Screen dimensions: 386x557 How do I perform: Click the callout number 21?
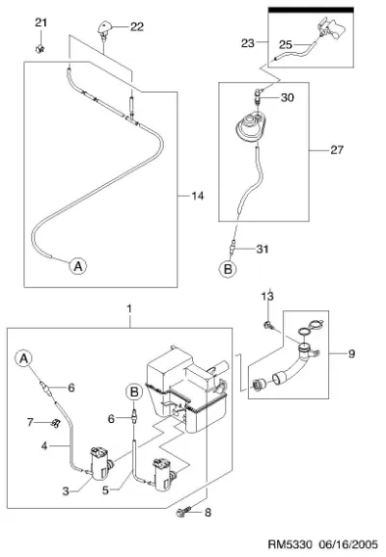(41, 23)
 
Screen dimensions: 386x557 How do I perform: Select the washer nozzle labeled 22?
(104, 31)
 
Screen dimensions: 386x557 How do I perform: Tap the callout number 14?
(198, 196)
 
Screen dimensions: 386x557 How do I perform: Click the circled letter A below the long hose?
(78, 266)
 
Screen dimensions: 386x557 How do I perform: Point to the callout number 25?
(286, 44)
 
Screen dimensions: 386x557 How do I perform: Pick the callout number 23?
(248, 43)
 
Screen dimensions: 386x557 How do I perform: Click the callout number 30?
(288, 97)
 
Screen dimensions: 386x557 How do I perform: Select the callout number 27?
(337, 150)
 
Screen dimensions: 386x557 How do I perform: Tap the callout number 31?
(262, 249)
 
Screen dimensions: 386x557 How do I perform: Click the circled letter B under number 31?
(228, 269)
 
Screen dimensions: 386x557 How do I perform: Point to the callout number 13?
(267, 296)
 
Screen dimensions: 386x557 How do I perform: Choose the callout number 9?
(351, 354)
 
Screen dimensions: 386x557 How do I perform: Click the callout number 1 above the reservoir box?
(129, 308)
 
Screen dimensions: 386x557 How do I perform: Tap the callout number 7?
(30, 422)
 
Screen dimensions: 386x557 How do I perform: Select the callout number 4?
(44, 445)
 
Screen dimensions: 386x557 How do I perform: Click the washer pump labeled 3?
(100, 464)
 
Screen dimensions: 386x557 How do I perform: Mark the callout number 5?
(105, 491)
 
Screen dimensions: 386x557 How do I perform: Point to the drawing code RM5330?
(289, 544)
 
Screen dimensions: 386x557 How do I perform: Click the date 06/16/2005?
(348, 544)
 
